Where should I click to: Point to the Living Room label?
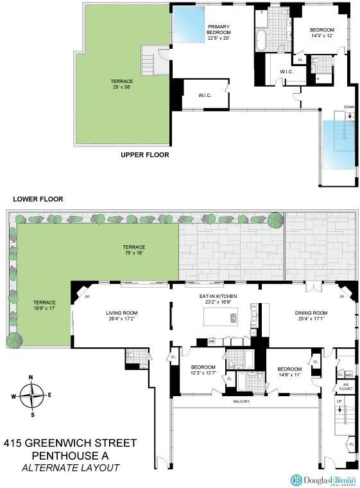pos(122,316)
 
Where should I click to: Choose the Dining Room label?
pos(311,316)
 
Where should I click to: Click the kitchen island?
pos(220,317)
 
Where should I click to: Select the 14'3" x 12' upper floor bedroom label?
pos(321,33)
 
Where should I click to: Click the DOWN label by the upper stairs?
pos(348,107)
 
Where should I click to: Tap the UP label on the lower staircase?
pos(339,401)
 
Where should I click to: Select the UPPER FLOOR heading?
pos(145,155)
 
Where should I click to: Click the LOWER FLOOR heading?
pos(35,199)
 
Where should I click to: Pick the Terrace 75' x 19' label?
pos(134,250)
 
